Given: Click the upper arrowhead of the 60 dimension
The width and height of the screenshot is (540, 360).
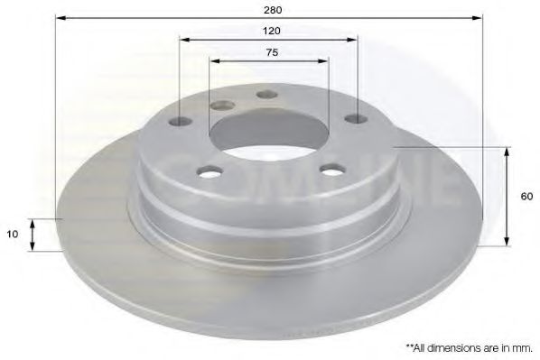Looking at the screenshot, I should [506, 151].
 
